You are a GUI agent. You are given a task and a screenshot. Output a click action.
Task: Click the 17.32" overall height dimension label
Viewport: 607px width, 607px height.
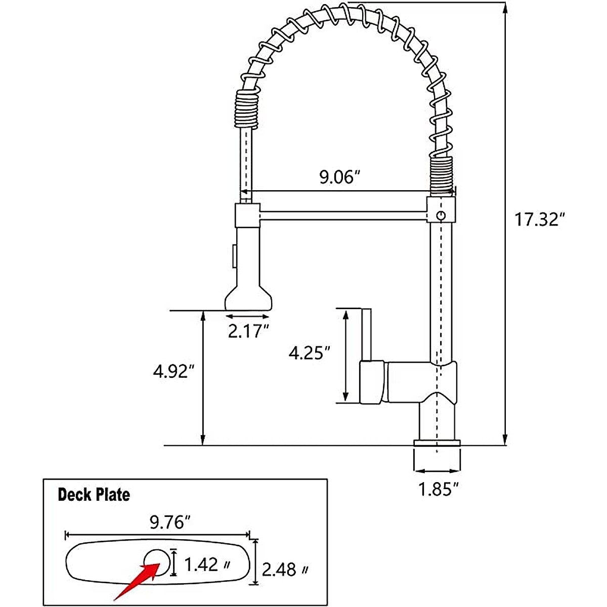point(539,219)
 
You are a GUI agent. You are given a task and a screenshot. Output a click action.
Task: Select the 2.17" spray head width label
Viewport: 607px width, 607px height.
point(248,331)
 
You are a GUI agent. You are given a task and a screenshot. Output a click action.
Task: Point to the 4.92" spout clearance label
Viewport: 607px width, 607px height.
point(174,371)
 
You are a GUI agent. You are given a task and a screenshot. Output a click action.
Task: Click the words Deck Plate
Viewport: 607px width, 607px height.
point(94,495)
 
